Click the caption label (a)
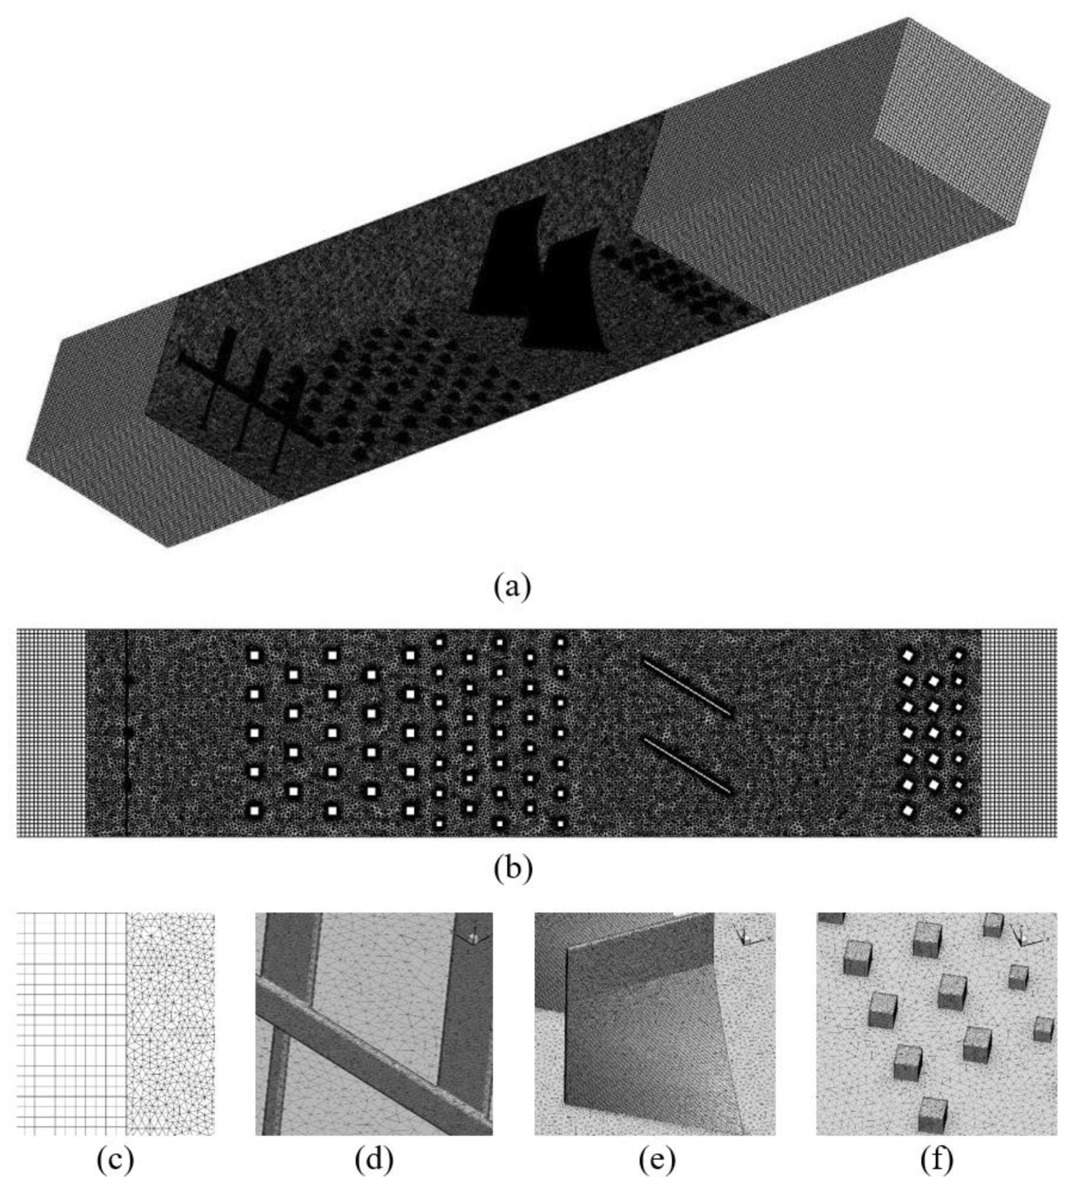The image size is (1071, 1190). click(512, 587)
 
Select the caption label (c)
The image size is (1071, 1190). click(115, 1159)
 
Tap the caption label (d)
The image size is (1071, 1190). click(374, 1159)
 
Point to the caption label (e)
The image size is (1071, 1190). click(658, 1159)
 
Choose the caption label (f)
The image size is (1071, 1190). click(936, 1159)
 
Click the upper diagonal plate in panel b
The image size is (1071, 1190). click(686, 687)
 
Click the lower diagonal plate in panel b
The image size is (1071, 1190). click(686, 766)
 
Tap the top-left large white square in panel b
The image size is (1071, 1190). click(254, 655)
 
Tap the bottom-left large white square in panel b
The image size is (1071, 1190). click(254, 811)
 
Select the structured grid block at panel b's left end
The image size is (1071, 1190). click(51, 733)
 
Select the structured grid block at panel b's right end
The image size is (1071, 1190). click(1019, 733)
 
